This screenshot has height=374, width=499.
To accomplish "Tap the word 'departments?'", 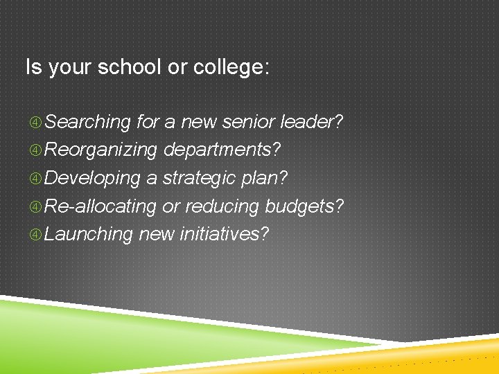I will click(x=222, y=150).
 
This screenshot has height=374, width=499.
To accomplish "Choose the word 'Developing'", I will click(x=93, y=179).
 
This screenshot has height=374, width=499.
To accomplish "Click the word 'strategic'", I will click(x=200, y=179).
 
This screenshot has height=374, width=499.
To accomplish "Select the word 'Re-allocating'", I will click(x=101, y=206).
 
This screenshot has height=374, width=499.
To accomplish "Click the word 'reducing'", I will click(x=222, y=206).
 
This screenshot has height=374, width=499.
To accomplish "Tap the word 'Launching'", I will click(x=89, y=235).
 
